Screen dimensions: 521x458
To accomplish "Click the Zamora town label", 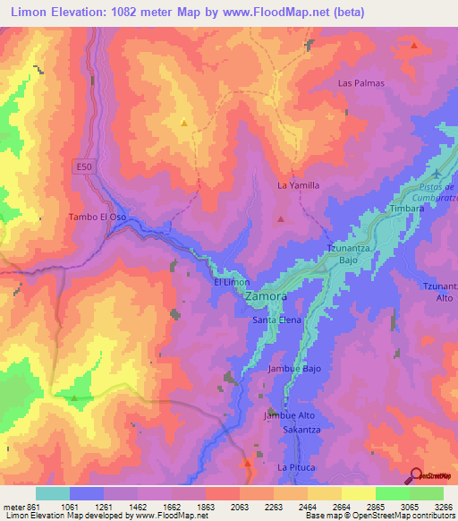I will (266, 296).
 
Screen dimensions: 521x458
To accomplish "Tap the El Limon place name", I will (231, 282).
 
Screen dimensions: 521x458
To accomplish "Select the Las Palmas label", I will (360, 83).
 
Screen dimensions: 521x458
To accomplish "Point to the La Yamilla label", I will (298, 185).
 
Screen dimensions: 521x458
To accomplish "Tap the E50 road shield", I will (82, 167).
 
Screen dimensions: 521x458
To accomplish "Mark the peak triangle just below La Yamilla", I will (281, 218).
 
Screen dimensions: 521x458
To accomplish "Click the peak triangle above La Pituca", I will (248, 462).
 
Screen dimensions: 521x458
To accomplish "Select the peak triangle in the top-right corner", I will (413, 44).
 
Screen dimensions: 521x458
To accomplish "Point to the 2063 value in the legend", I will (220, 507).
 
